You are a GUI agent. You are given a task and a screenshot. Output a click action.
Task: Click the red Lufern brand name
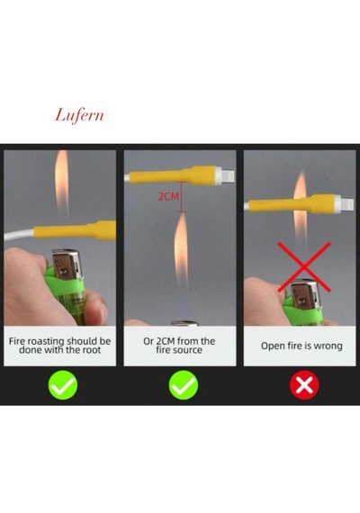[x=79, y=116]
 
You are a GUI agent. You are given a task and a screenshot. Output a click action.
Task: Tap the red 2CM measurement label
[x=168, y=196]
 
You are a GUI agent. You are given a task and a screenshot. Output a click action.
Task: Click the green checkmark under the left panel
[x=63, y=385]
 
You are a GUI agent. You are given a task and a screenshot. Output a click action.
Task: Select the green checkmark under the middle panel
[x=184, y=385]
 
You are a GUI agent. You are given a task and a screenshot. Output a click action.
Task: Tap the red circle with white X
[x=304, y=385]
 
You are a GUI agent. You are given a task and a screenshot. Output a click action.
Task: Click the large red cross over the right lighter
[x=304, y=267]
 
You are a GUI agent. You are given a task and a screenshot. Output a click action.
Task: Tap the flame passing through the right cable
[x=300, y=210]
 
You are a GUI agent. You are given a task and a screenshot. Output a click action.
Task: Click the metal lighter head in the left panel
[x=67, y=265]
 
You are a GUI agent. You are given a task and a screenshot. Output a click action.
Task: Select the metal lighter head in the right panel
[x=303, y=295]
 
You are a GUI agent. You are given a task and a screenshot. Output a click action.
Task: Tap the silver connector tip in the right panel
[x=347, y=203]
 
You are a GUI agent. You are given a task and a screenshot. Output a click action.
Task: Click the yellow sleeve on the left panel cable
[x=75, y=230]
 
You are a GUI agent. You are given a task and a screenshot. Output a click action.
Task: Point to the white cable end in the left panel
[x=19, y=235]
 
